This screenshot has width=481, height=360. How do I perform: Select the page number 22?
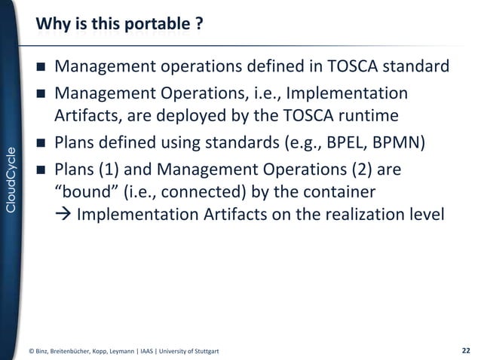[465, 350]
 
